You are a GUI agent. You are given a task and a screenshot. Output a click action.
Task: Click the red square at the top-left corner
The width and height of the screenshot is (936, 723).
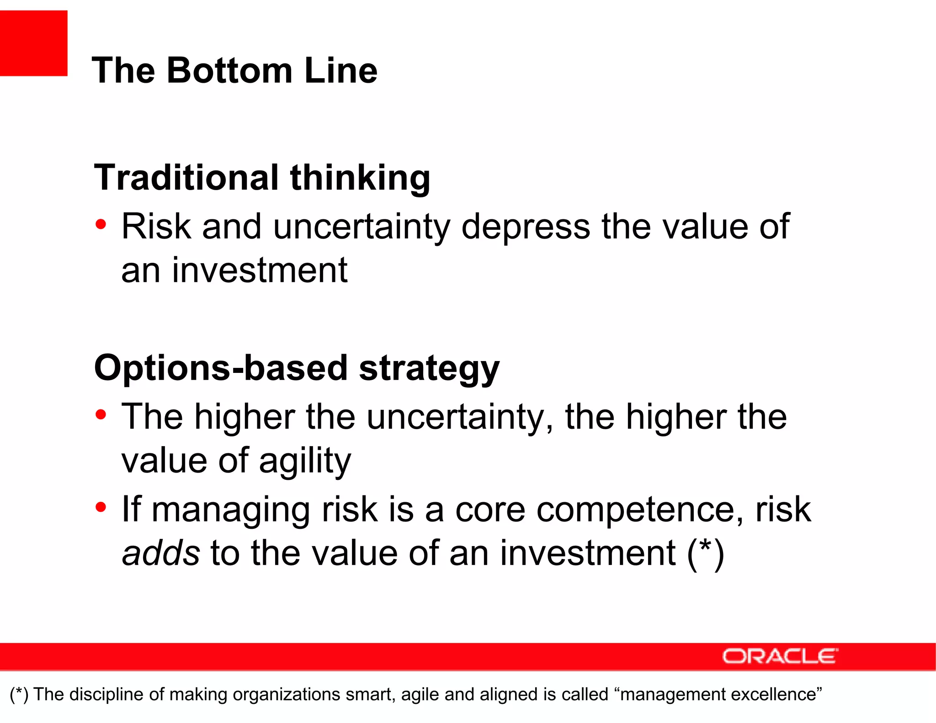[x=33, y=43]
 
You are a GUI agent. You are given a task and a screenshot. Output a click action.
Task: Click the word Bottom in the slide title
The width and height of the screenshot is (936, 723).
[x=229, y=71]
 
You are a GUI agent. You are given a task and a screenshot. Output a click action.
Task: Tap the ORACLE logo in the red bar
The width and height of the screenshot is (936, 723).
[x=780, y=656]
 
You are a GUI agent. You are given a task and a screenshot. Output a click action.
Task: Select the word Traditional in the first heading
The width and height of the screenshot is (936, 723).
[x=186, y=178]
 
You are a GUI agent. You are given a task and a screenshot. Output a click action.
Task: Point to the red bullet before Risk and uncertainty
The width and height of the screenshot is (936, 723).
[x=101, y=224]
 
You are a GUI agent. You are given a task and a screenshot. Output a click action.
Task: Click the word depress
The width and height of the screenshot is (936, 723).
[x=526, y=227]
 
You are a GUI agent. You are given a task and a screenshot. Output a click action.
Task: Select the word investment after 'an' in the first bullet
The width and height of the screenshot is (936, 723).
[x=260, y=271]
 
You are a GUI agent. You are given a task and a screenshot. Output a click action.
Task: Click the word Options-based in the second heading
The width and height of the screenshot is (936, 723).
[x=221, y=368]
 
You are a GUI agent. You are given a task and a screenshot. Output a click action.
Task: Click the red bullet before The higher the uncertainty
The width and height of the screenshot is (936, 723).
[x=101, y=415]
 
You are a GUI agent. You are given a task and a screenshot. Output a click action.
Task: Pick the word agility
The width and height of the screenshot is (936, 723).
[x=305, y=462]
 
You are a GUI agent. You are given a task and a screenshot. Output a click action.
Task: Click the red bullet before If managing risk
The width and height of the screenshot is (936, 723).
[x=101, y=507]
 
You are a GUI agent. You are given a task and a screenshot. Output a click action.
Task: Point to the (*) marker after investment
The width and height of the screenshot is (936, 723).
[x=706, y=553]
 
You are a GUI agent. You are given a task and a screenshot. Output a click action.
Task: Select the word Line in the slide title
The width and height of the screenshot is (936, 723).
[x=341, y=71]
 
